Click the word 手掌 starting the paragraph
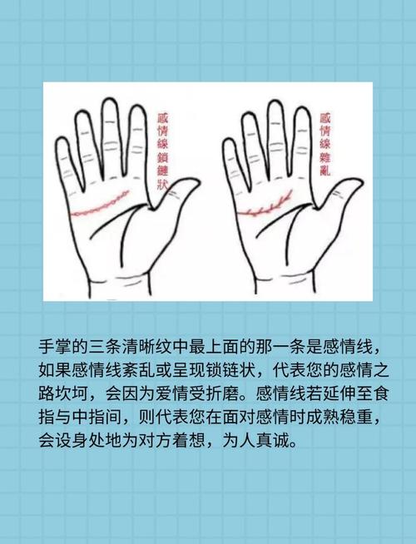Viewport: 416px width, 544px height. click(x=56, y=347)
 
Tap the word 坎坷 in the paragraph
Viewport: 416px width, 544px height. click(x=74, y=393)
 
